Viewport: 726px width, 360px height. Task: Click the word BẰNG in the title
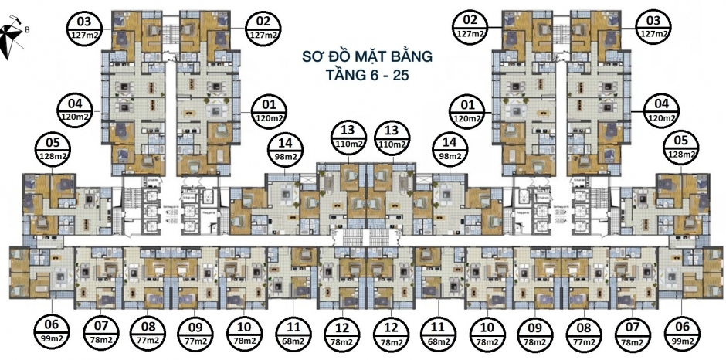(405, 57)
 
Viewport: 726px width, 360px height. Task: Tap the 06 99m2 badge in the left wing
(50, 332)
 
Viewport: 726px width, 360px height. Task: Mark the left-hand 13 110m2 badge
(349, 137)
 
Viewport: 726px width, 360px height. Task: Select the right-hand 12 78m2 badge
(392, 333)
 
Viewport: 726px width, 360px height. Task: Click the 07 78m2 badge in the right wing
(632, 333)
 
